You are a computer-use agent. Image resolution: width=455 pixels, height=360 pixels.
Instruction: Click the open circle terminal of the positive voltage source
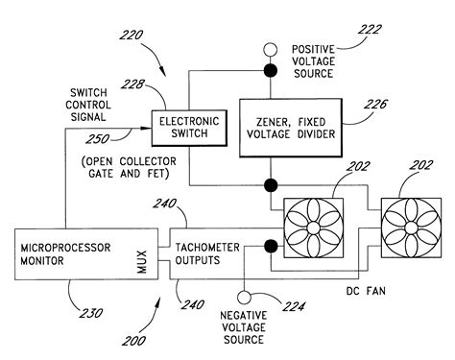pos(271,49)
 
